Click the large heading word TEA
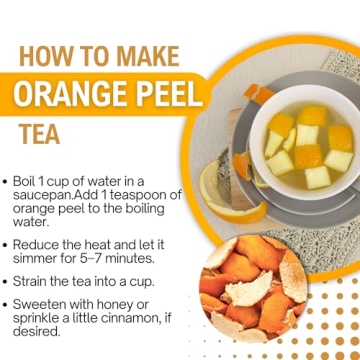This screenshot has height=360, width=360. coord(39,132)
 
